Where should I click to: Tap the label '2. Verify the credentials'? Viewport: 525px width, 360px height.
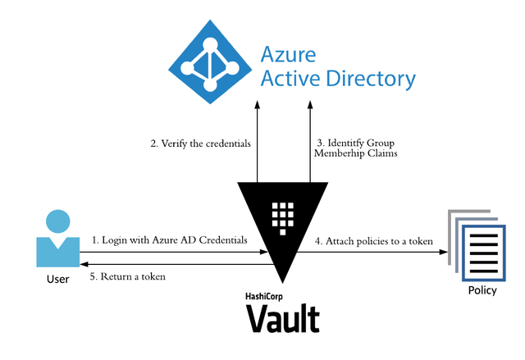tap(199, 144)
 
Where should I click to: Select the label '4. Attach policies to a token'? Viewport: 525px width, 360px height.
tap(375, 241)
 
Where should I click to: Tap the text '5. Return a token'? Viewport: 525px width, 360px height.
tap(128, 276)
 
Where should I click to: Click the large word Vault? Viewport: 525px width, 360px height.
tap(283, 317)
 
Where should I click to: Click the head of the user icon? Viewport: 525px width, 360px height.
tap(57, 221)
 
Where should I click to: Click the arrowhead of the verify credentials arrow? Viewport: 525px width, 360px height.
tap(258, 105)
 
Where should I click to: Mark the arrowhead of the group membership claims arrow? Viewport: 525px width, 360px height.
tap(310, 105)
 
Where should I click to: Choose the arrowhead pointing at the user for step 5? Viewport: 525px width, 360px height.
tap(84, 264)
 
